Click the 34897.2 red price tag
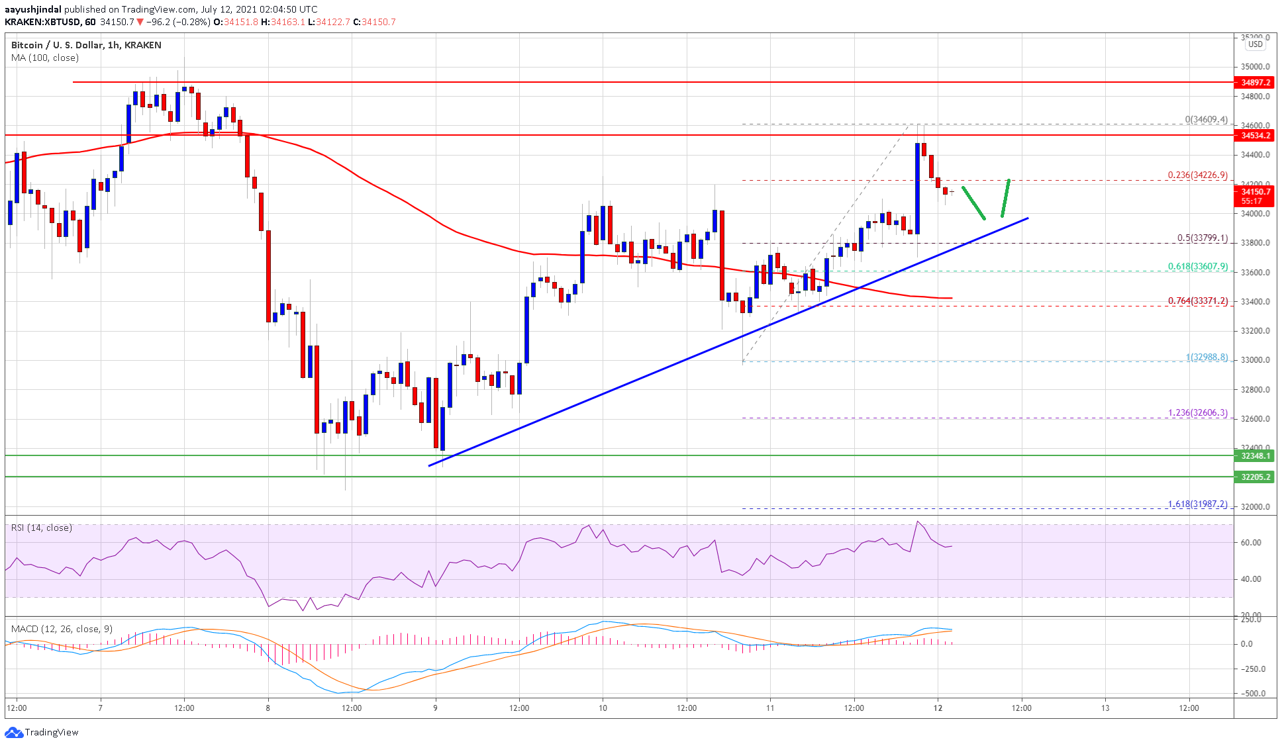click(1255, 83)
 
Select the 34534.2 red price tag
click(1255, 136)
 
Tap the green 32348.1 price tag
click(1255, 456)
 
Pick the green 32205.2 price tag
click(1255, 477)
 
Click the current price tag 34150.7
click(1255, 192)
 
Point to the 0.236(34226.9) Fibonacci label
click(1197, 175)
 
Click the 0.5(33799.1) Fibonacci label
click(1202, 238)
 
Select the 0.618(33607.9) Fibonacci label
click(1197, 267)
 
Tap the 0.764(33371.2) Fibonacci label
click(1197, 301)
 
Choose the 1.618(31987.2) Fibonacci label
click(1197, 504)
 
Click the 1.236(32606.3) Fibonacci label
click(1197, 413)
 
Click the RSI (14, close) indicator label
click(42, 528)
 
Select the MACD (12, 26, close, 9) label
click(62, 629)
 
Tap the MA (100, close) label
click(45, 58)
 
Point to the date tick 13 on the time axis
click(1105, 708)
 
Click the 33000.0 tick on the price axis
click(1255, 361)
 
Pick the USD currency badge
click(1255, 45)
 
